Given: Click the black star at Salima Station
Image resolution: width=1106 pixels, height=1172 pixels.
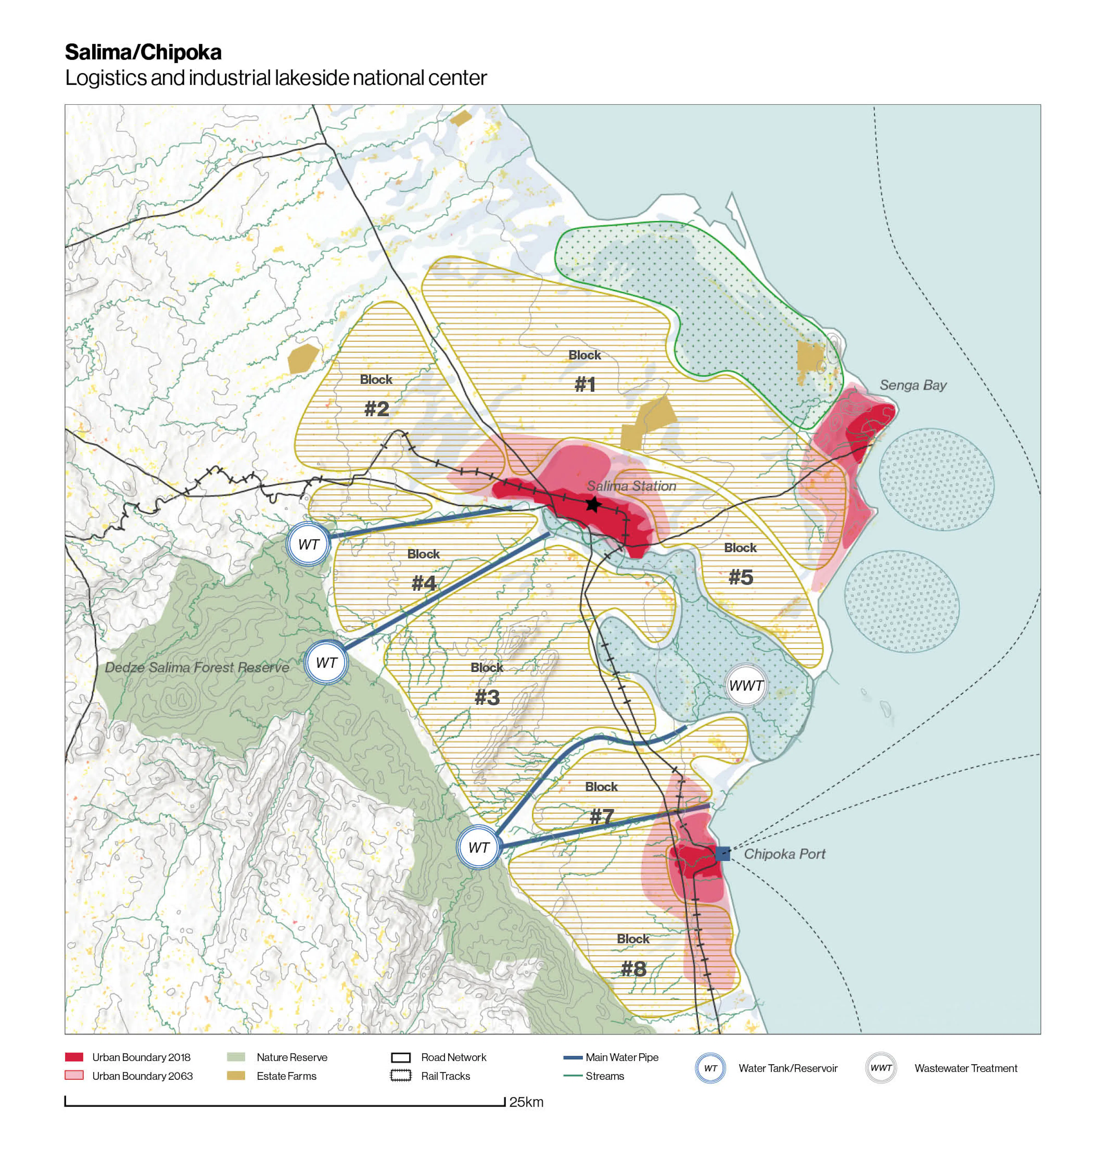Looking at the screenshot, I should pos(593,504).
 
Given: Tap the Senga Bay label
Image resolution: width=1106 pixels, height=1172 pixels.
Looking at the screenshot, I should pos(913,385).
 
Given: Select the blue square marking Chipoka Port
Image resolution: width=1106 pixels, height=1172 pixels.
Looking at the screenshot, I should pos(722,853).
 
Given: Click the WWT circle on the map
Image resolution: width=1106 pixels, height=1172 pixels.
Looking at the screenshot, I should pos(746,685).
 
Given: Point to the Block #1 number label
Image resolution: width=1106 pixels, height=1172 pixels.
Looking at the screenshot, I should pos(585,385).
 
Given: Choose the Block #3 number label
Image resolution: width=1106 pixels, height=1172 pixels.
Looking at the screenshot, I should pos(487,697).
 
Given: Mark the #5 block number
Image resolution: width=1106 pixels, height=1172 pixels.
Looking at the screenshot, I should pos(741,577).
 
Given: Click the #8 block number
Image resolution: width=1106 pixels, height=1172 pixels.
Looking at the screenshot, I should pos(633,968).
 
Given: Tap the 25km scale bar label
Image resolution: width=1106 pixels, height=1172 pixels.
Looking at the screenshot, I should pos(526,1102).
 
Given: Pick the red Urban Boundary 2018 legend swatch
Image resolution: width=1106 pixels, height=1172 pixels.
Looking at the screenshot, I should pos(74,1057).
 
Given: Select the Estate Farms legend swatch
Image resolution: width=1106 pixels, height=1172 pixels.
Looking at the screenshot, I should pos(236,1076).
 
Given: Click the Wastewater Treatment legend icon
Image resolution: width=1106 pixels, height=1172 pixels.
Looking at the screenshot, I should pos(881,1068).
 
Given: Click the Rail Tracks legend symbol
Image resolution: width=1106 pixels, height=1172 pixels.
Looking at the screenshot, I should pos(401,1076).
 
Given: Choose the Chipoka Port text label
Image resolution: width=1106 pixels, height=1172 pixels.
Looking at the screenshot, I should pos(784,853).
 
